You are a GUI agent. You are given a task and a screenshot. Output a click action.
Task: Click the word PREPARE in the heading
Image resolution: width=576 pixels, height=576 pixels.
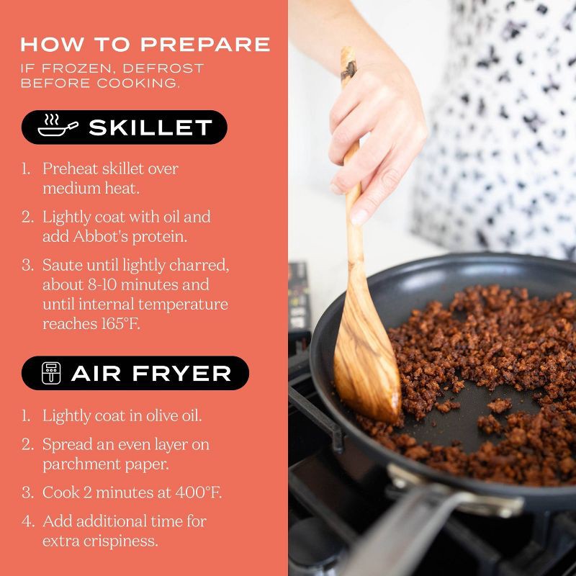point(205,44)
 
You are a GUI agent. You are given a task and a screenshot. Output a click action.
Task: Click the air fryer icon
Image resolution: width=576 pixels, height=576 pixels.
point(51,373)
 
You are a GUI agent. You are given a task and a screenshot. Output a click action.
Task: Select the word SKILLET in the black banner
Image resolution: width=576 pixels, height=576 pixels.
point(150,127)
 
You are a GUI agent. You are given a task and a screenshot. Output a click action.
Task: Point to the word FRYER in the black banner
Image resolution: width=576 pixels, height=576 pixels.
point(181,374)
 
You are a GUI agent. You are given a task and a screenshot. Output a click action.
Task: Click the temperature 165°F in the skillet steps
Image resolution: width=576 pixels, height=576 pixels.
point(120,323)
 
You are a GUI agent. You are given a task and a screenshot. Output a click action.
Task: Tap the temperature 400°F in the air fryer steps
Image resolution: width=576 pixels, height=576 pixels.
point(199,492)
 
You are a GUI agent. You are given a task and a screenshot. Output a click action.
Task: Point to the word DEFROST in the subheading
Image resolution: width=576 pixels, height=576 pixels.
point(163,68)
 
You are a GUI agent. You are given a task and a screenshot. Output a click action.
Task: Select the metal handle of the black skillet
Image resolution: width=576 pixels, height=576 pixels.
point(423,521)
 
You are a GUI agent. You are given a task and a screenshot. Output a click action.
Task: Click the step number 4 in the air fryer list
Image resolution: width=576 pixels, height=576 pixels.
point(28,521)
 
